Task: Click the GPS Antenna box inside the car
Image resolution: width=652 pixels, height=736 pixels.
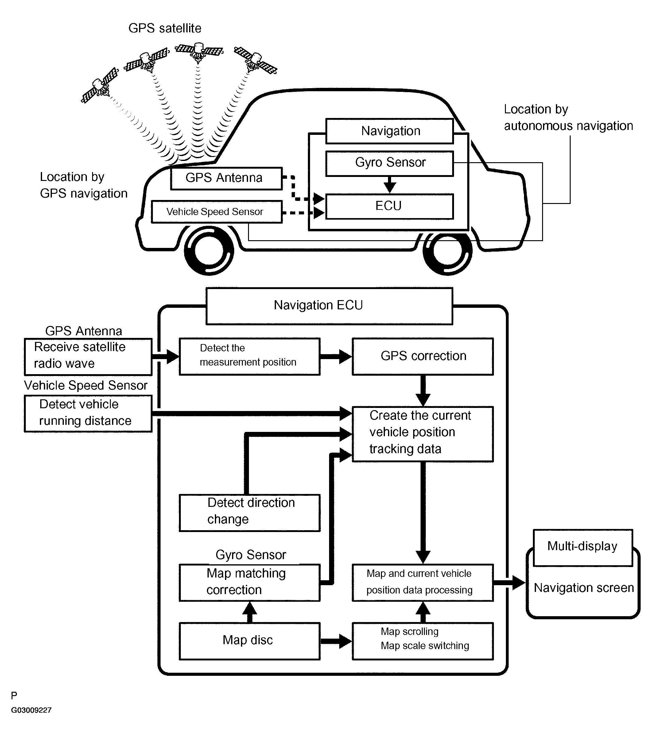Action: (x=226, y=178)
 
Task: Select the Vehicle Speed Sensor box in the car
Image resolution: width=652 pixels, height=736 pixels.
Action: (x=216, y=212)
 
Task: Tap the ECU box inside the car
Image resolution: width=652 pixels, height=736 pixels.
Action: (x=389, y=206)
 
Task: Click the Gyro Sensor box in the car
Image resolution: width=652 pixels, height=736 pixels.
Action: (x=389, y=163)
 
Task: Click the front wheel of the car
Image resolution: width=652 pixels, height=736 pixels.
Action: (x=209, y=250)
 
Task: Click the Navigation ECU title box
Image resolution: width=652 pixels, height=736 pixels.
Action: (x=329, y=306)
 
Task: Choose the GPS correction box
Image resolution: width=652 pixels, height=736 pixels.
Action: (x=422, y=356)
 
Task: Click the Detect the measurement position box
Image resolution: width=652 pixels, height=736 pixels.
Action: (x=249, y=356)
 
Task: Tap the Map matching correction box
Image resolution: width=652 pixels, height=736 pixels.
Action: (x=249, y=582)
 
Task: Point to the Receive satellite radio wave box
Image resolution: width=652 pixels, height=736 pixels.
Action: (x=88, y=356)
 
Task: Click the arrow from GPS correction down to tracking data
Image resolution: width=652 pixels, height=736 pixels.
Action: (x=423, y=391)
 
